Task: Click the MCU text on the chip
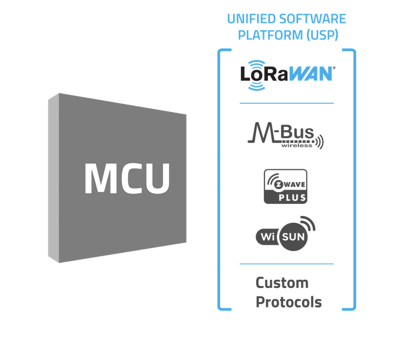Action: [x=127, y=178]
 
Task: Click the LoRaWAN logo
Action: [x=287, y=74]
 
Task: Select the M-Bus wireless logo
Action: [x=285, y=136]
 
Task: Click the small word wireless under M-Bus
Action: [x=296, y=145]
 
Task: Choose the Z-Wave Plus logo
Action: [x=285, y=186]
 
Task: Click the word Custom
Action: [x=282, y=283]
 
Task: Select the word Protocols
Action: [x=289, y=302]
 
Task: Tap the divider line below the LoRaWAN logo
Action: [x=286, y=103]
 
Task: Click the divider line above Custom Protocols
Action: [x=286, y=264]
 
